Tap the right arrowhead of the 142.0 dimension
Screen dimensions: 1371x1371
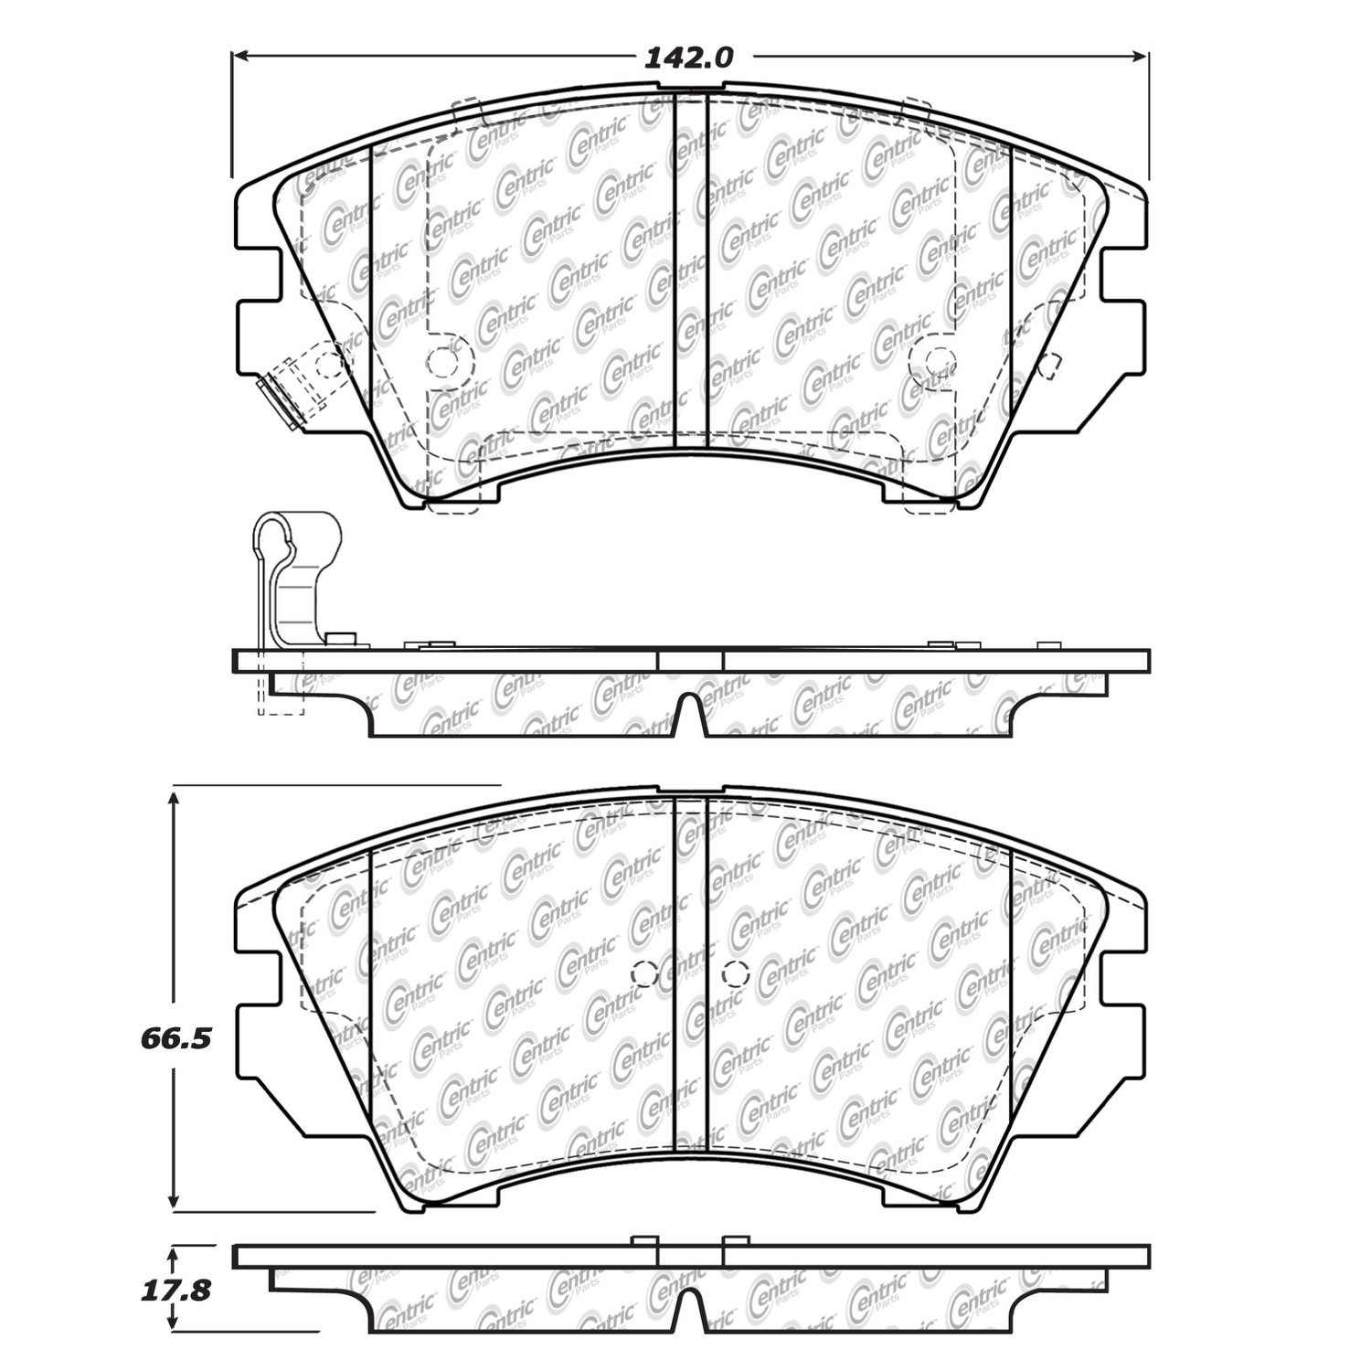1140,57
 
